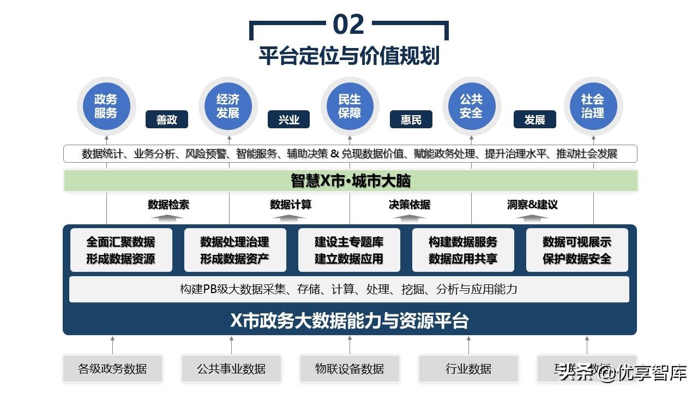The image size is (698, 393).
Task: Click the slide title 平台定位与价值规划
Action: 349,56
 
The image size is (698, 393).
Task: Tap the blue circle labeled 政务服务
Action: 106,106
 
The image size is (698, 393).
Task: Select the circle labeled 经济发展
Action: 227,106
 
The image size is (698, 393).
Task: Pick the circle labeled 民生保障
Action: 350,106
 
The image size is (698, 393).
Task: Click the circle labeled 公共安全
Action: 471,106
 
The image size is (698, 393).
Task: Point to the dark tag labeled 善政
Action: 166,120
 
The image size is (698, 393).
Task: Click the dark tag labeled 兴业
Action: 288,120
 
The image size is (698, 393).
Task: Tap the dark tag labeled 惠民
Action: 411,120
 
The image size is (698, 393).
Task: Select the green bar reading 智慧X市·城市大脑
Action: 350,181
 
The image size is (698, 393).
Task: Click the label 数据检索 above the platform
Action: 169,205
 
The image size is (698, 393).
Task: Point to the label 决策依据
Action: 409,205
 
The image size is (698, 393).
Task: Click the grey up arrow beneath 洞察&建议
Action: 532,217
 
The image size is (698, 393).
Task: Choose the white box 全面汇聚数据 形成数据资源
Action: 121,250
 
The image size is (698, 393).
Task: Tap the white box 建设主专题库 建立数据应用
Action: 349,250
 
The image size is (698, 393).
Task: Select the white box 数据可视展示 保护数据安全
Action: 577,250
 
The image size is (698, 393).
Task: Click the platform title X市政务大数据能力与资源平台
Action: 349,320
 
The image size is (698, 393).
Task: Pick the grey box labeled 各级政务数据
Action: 112,369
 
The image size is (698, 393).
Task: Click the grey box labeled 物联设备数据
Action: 350,369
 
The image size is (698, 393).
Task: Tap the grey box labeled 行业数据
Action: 468,369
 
